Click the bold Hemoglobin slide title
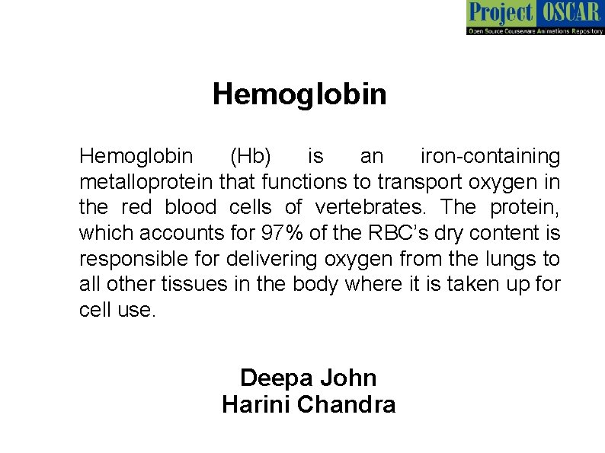coord(299,94)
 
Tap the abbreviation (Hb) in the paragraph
coord(250,156)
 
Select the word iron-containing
coord(490,156)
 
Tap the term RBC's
coord(396,234)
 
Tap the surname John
coord(348,378)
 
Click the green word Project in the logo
coord(500,13)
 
